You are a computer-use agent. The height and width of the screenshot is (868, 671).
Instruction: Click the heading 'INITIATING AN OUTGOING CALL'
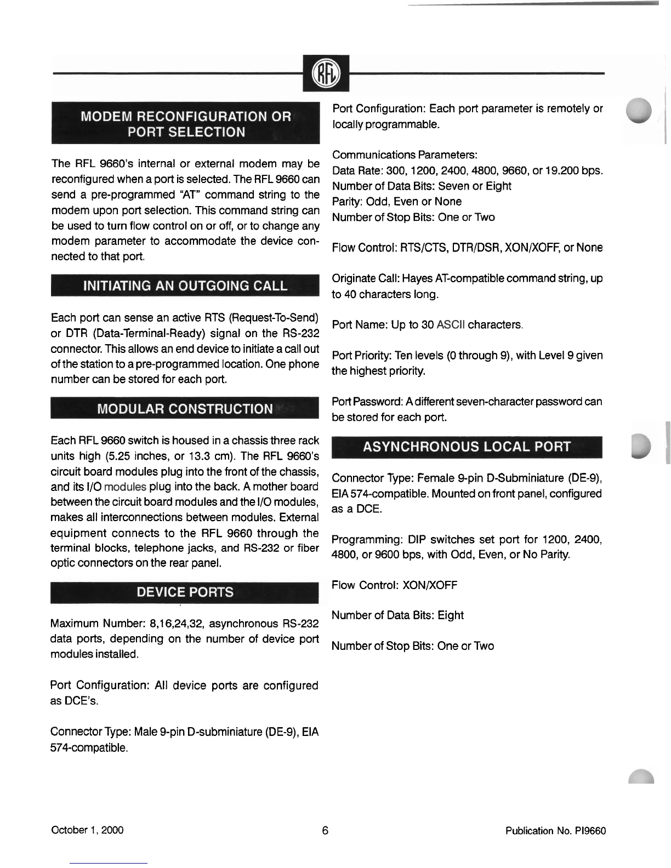point(185,285)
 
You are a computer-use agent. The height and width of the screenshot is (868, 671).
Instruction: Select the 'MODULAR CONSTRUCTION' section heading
point(185,409)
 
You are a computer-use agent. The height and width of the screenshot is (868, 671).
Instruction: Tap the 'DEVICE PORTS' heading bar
point(185,592)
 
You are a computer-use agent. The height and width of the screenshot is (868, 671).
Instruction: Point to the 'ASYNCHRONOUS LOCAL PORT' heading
point(467,447)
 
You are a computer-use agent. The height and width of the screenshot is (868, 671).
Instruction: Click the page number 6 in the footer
point(325,830)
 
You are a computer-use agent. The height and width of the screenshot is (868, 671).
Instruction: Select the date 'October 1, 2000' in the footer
point(87,830)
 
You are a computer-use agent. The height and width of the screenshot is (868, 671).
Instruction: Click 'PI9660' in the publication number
point(590,831)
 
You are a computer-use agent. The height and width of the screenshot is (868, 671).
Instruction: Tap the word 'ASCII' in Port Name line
point(451,325)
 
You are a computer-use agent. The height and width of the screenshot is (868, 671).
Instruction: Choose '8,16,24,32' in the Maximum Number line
point(177,624)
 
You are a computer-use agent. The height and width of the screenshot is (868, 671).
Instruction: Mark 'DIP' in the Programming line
point(418,539)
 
